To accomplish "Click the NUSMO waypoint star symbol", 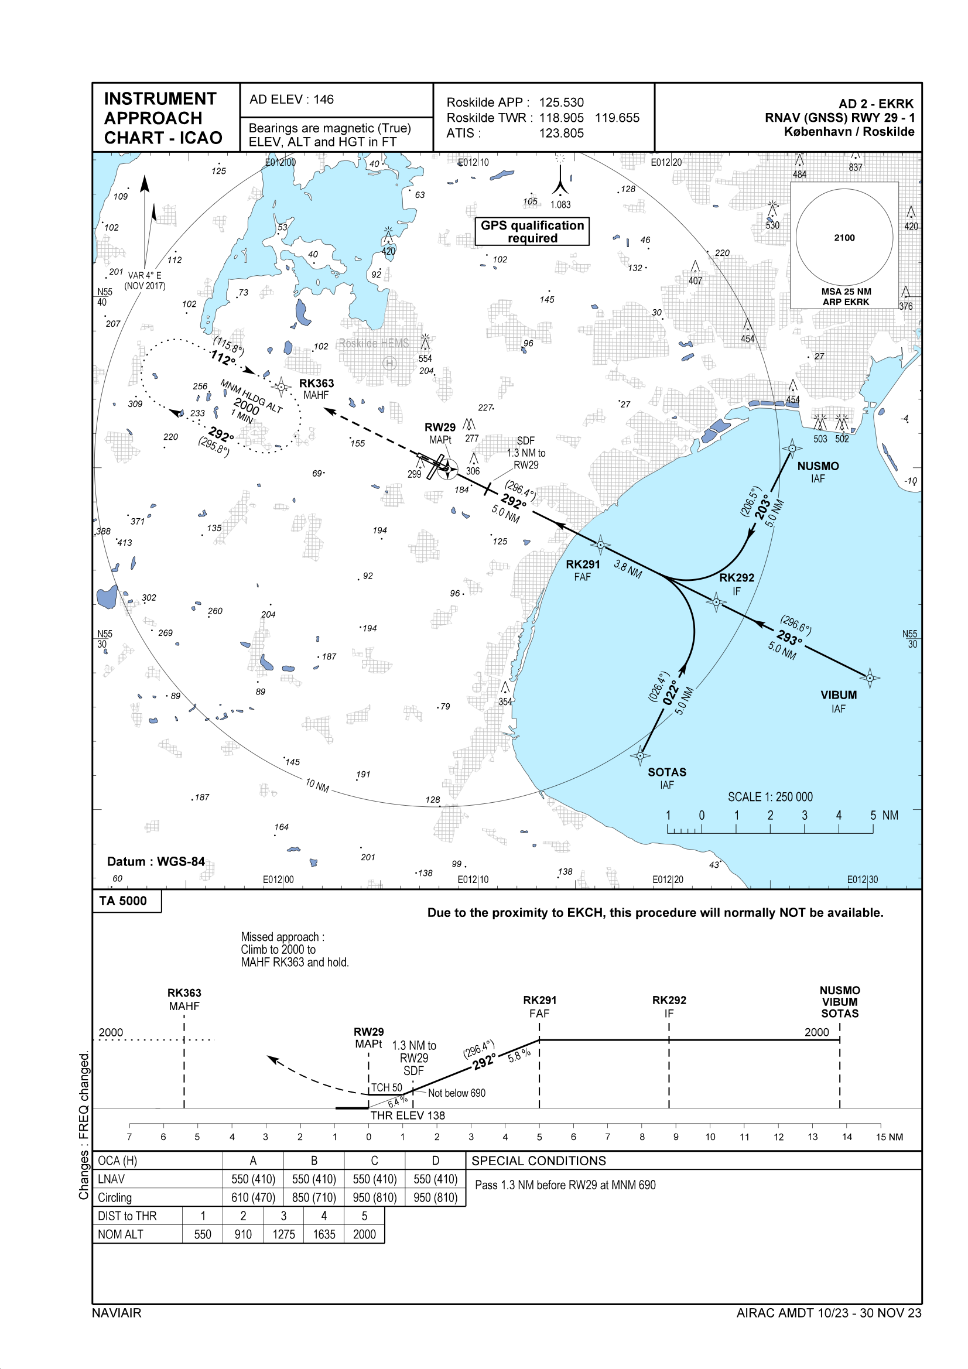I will click(792, 449).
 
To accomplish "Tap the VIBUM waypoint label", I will click(838, 695).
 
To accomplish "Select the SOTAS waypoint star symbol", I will click(640, 755).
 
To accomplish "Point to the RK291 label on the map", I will click(583, 564).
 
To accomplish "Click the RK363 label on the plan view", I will click(316, 384).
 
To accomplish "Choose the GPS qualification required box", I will click(532, 231).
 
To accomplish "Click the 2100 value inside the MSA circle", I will click(844, 238).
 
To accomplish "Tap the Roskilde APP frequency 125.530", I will click(561, 102).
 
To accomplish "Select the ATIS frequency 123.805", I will click(561, 134).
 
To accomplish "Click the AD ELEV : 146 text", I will click(292, 100).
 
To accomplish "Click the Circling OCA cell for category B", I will click(314, 1197).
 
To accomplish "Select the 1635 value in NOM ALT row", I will click(324, 1234).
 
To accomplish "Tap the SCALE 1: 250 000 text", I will click(770, 797).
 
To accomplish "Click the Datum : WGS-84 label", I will click(156, 861).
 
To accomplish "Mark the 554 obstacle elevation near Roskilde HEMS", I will click(425, 358).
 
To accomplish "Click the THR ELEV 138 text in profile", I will click(408, 1115).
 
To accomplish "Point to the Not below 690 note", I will click(456, 1093).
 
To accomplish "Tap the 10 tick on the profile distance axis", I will click(710, 1137).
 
